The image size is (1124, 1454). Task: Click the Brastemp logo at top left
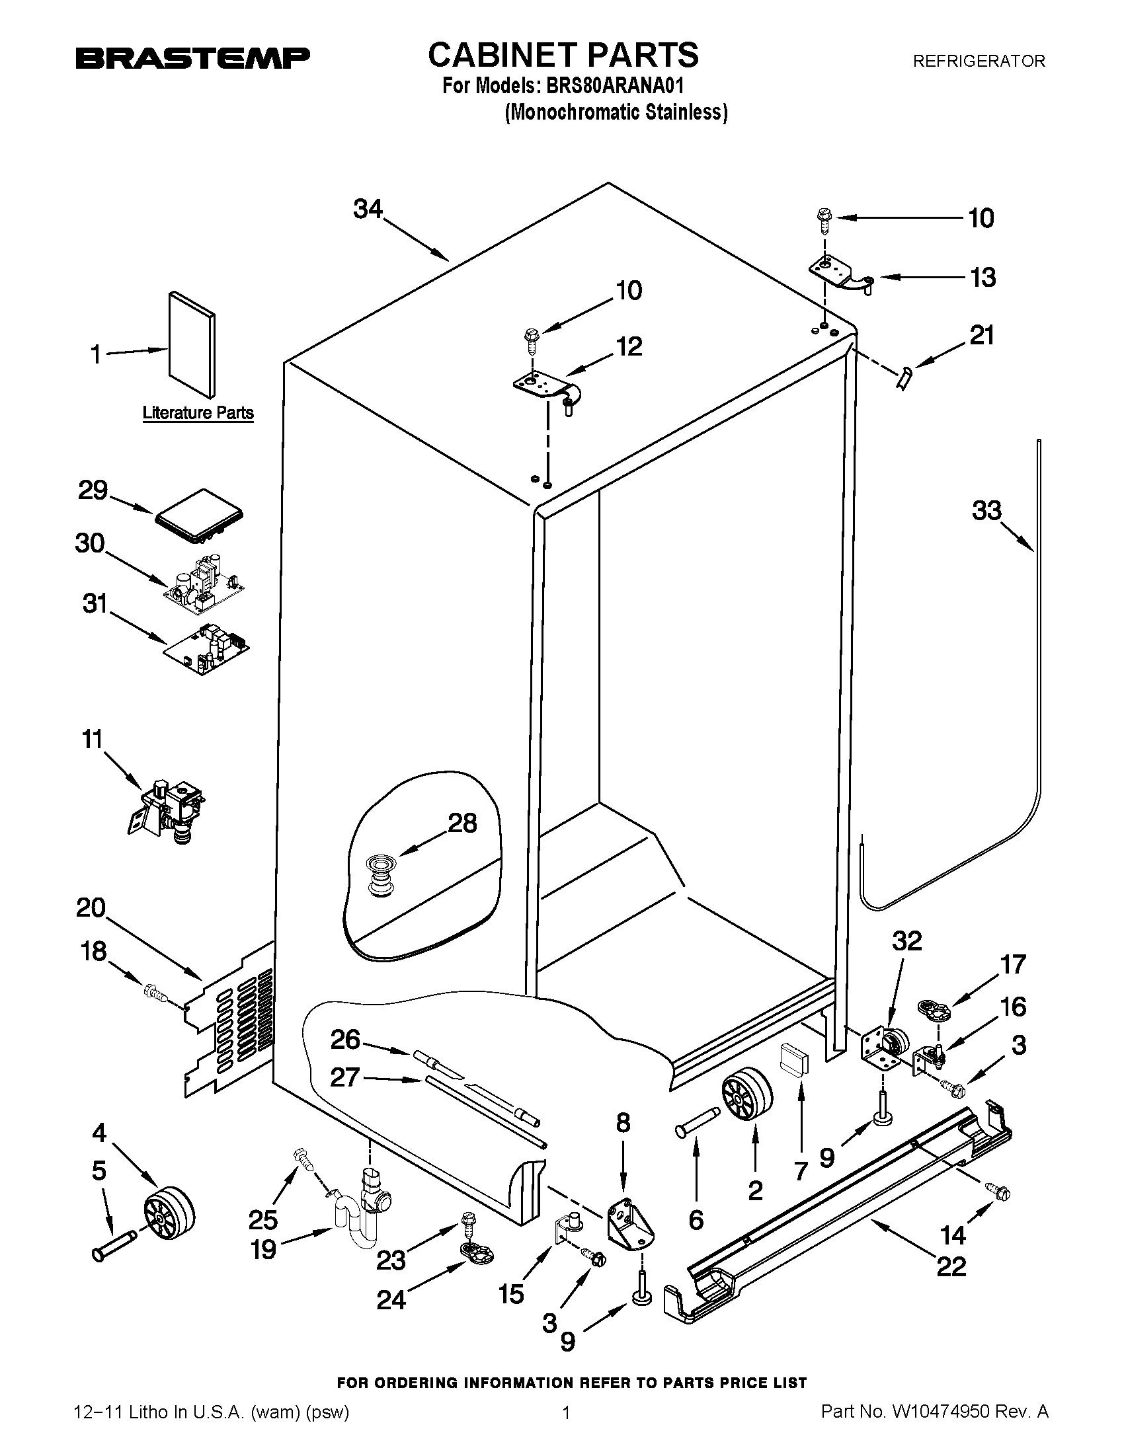pos(192,59)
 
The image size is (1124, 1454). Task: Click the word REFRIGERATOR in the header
pos(978,61)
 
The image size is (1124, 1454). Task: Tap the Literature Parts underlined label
pos(198,413)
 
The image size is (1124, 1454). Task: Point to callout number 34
pos(368,209)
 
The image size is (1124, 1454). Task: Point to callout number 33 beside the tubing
pos(986,511)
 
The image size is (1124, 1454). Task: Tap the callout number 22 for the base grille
pos(951,1266)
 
